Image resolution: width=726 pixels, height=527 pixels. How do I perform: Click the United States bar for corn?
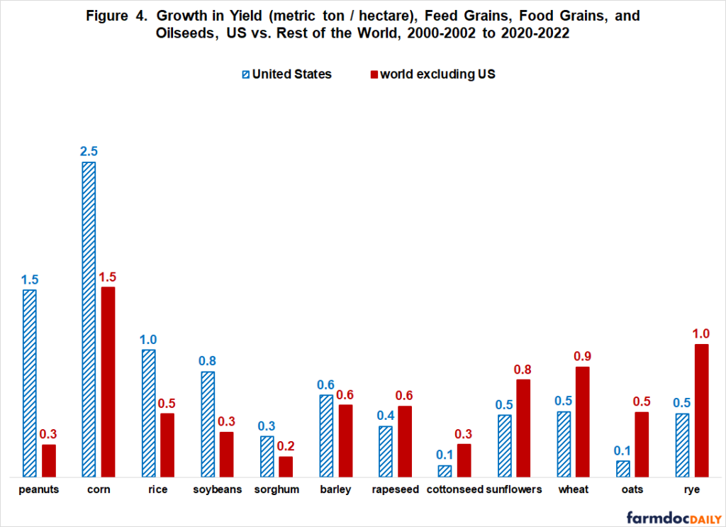point(89,319)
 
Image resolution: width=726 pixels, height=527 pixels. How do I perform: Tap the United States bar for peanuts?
point(29,383)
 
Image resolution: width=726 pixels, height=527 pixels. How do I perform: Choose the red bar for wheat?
point(583,421)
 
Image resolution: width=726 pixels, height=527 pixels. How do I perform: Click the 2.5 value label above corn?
point(89,151)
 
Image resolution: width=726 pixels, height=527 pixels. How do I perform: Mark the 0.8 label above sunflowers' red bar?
point(523,369)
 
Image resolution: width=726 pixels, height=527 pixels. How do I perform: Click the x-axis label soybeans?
point(218,489)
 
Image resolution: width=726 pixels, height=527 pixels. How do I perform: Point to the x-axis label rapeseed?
point(396,489)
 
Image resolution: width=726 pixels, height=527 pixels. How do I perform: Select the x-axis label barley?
point(336,489)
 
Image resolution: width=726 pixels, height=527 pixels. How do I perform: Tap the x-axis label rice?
point(157,489)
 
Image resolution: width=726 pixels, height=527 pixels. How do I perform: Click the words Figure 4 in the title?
point(118,16)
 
